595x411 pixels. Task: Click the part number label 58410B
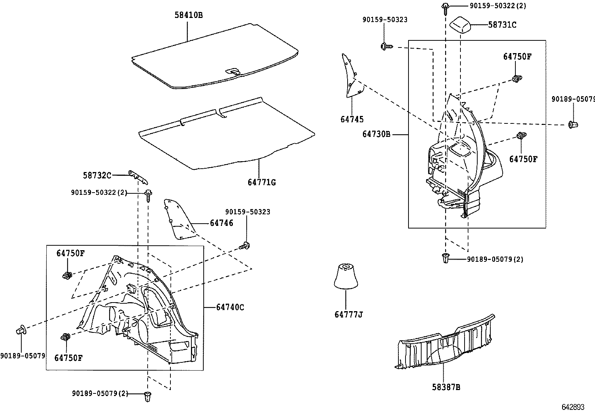pos(189,15)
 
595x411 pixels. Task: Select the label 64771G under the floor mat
pos(262,183)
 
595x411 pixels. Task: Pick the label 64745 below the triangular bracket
pos(352,119)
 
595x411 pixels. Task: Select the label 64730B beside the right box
pos(376,134)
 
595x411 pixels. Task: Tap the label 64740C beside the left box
pos(230,307)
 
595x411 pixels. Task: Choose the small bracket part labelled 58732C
pos(139,176)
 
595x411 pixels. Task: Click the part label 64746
pos(221,223)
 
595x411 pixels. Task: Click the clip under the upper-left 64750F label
pos(67,276)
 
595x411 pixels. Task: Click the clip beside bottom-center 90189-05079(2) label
pos(148,396)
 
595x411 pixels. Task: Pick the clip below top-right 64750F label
pos(517,79)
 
